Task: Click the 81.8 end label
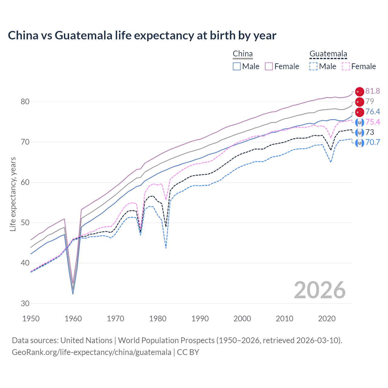373,91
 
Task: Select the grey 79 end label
370,101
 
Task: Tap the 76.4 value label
373,112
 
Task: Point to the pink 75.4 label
373,122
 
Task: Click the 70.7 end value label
373,142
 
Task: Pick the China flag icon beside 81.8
360,91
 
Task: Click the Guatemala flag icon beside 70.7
360,142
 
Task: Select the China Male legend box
237,66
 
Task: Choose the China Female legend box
269,66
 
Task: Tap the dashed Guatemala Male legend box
313,66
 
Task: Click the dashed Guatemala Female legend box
346,66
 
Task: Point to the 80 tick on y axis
25,102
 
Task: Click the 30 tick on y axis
25,303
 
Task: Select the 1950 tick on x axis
31,319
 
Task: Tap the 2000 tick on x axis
242,319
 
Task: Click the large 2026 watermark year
320,290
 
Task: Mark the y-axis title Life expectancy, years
13,194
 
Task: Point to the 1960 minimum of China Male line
73,294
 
